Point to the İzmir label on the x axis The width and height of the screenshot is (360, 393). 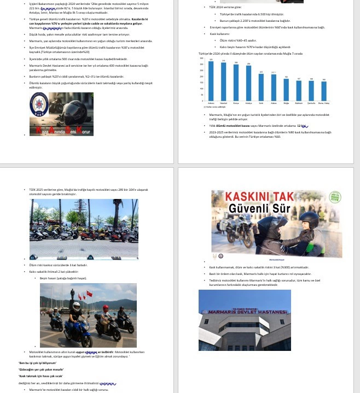click(261, 103)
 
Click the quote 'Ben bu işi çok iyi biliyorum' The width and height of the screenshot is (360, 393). click(38, 363)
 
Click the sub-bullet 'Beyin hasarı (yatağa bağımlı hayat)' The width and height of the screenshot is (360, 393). click(63, 278)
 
